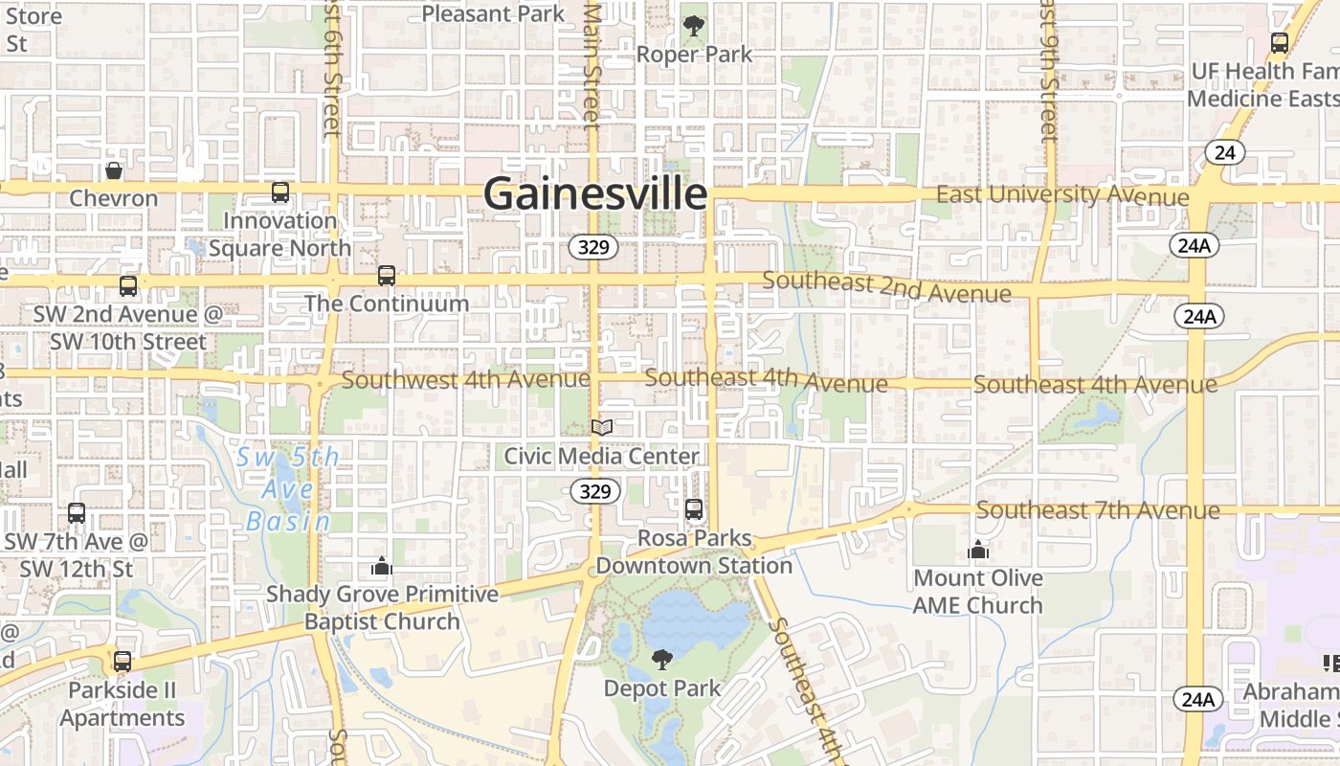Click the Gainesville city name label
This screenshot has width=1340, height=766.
pyautogui.click(x=595, y=193)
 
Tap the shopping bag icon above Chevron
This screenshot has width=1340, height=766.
pyautogui.click(x=114, y=170)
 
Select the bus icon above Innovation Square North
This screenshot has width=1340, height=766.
pyautogui.click(x=279, y=192)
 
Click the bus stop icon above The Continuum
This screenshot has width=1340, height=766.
pyautogui.click(x=386, y=276)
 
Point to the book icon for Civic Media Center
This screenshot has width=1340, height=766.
pyautogui.click(x=601, y=427)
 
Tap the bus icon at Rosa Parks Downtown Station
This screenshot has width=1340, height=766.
pyautogui.click(x=694, y=509)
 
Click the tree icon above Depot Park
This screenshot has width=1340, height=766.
pyautogui.click(x=661, y=659)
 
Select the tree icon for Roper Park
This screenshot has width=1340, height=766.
pyautogui.click(x=694, y=26)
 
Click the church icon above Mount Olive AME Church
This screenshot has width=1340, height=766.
pyautogui.click(x=977, y=550)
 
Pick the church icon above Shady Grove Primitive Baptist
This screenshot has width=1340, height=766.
pyautogui.click(x=382, y=566)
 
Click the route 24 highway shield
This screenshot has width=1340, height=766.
pyautogui.click(x=1224, y=151)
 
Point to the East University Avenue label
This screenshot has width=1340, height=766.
pyautogui.click(x=1062, y=195)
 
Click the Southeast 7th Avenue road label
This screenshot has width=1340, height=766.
pyautogui.click(x=1098, y=510)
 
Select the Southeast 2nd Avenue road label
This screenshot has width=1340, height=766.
pyautogui.click(x=886, y=286)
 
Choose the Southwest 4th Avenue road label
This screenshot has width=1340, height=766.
pyautogui.click(x=465, y=379)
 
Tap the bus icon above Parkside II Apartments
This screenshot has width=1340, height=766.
pyautogui.click(x=123, y=662)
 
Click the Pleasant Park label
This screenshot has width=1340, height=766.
pyautogui.click(x=493, y=13)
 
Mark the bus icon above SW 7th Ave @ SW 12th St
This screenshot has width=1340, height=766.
pyautogui.click(x=77, y=513)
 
